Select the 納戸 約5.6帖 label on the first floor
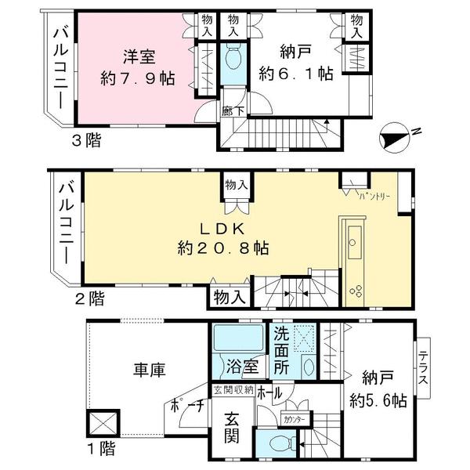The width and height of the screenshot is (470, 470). (377, 387)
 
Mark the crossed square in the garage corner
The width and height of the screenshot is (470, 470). (104, 424)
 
